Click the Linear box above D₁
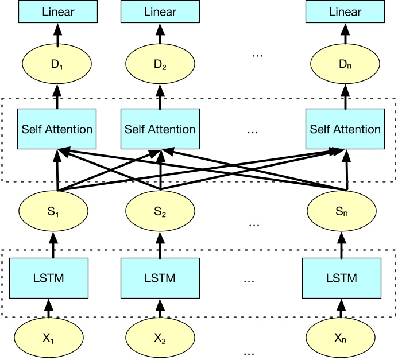[x=57, y=11]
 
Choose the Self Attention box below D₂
[x=160, y=129]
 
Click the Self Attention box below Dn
[x=345, y=129]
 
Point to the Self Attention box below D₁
[x=57, y=129]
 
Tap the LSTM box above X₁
[x=49, y=278]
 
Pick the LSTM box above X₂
[x=160, y=278]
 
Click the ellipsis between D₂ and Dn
[x=257, y=55]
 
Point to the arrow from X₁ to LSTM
[x=49, y=309]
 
